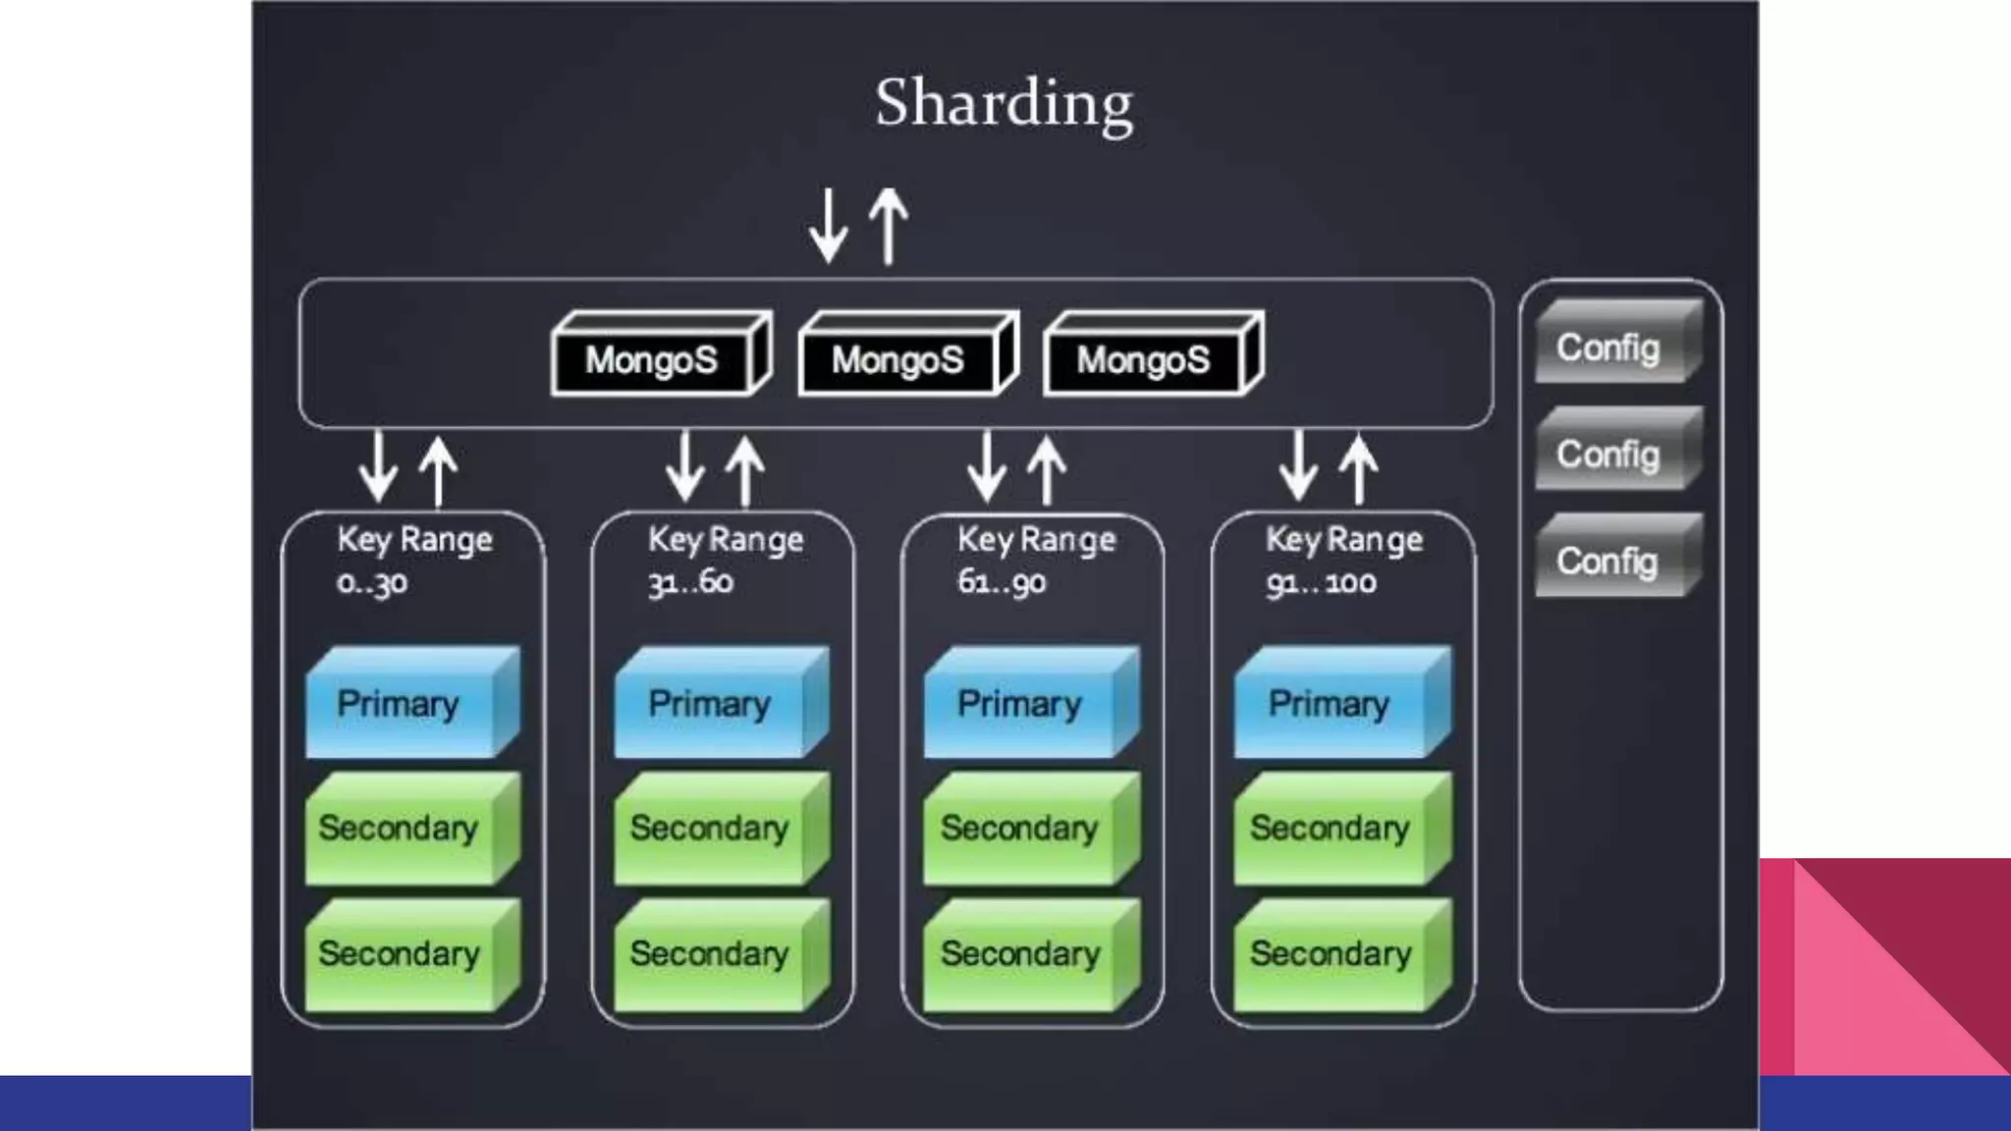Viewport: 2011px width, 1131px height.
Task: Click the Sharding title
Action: click(1004, 104)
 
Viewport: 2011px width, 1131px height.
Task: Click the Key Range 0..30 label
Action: click(413, 561)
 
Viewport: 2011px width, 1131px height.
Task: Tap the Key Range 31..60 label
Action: click(725, 561)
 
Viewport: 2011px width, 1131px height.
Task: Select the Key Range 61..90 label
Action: click(1036, 561)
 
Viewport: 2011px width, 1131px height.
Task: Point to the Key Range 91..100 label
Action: click(1343, 561)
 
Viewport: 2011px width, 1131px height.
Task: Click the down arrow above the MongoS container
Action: click(829, 226)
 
